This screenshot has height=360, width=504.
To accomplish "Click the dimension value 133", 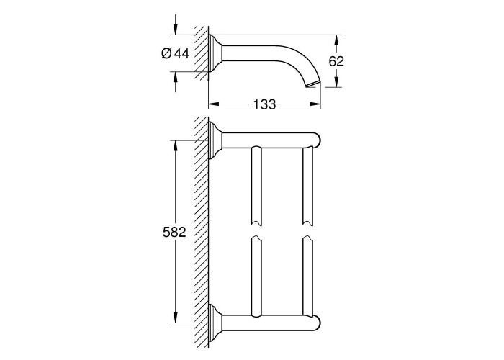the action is [x=264, y=104].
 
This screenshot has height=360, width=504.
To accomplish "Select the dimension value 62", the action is [x=336, y=61].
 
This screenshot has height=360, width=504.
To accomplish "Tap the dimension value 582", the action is [x=174, y=232].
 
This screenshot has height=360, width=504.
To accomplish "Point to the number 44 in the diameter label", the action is [x=182, y=53].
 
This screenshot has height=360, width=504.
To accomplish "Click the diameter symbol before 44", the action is [x=166, y=53].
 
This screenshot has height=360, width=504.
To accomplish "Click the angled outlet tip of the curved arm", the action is [x=312, y=84].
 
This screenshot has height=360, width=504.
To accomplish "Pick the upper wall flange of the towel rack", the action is [x=215, y=140].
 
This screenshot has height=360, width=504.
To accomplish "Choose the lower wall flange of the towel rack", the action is [x=215, y=323].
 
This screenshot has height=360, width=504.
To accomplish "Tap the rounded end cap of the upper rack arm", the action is [x=318, y=140].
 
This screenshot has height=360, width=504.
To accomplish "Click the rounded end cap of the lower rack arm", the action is [x=318, y=323].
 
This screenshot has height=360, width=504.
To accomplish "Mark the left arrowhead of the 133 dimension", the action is [x=214, y=104].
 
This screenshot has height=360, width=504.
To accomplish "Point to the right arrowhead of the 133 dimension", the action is [x=315, y=104].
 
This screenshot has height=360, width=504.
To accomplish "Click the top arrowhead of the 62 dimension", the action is [x=336, y=40].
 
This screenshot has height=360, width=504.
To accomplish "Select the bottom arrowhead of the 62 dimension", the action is [x=336, y=81].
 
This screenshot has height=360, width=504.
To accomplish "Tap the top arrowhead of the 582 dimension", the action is [x=175, y=145].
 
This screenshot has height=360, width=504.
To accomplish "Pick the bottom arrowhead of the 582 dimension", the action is [x=175, y=317].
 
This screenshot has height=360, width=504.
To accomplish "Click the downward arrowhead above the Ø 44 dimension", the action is [x=175, y=30].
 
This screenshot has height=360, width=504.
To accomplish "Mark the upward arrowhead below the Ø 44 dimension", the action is [x=175, y=77].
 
